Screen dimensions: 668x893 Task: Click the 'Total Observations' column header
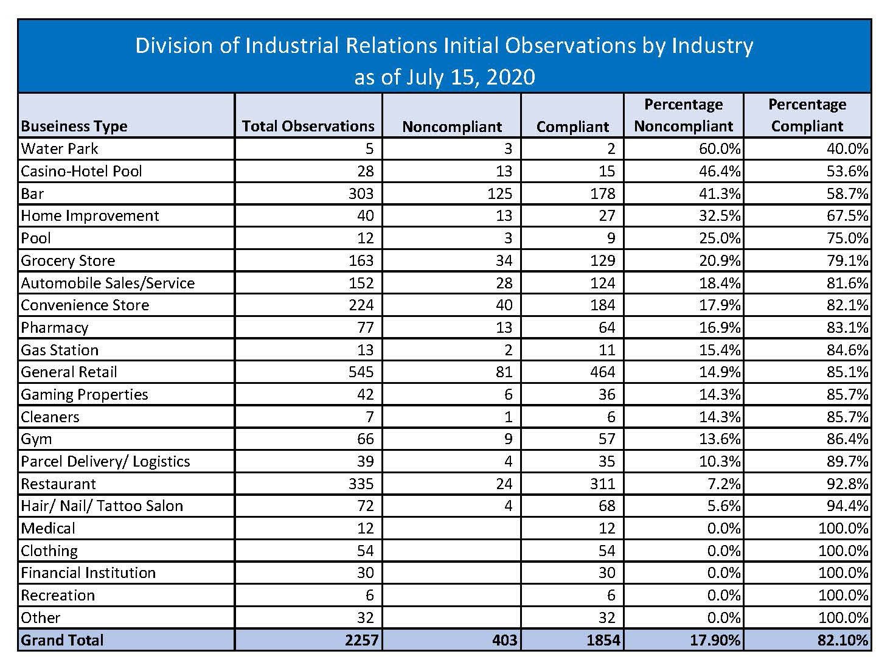click(308, 126)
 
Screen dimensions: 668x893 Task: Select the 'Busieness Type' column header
click(74, 126)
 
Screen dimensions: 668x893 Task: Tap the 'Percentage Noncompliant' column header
click(683, 116)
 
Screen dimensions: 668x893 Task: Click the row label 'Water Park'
click(59, 148)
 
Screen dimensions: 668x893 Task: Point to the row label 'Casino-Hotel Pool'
click(81, 171)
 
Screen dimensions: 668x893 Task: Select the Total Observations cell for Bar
click(361, 193)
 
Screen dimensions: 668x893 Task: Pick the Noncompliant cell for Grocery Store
click(504, 260)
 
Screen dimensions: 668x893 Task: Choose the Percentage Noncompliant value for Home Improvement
click(720, 215)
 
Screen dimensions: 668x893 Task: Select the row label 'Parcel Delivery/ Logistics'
click(105, 461)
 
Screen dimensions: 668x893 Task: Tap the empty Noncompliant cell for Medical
click(451, 528)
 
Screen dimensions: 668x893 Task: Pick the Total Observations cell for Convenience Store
click(361, 305)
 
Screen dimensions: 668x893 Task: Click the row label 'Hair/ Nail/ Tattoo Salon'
click(102, 506)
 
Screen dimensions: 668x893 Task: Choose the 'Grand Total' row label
click(62, 640)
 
